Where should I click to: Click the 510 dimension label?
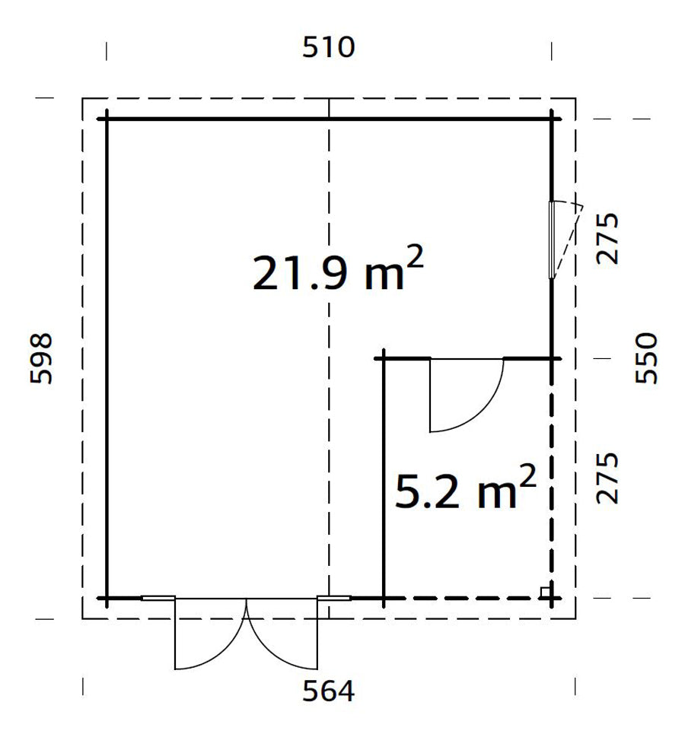tap(329, 48)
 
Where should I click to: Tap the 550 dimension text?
tap(645, 358)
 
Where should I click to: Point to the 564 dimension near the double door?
tap(329, 691)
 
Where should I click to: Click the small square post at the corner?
tap(545, 592)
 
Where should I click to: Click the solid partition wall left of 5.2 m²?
tap(384, 479)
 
